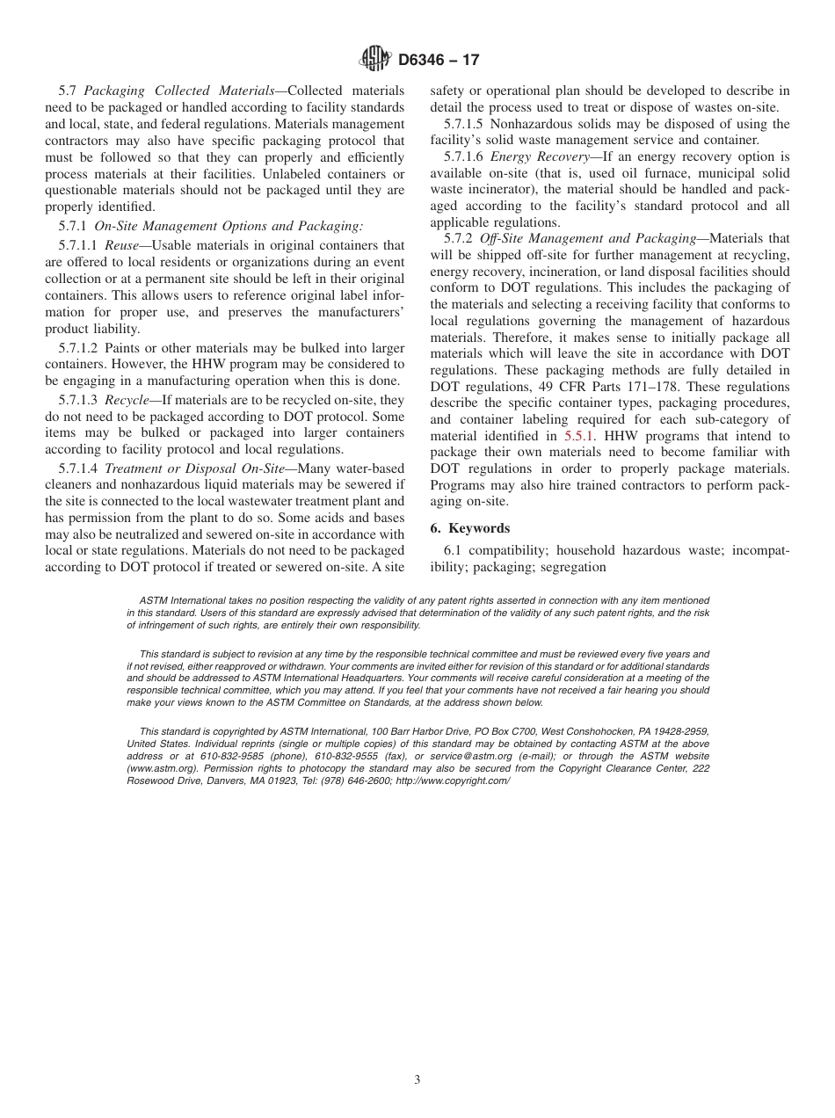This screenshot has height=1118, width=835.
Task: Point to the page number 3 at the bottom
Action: pos(417,1080)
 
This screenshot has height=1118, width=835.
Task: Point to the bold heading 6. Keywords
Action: pos(470,528)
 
